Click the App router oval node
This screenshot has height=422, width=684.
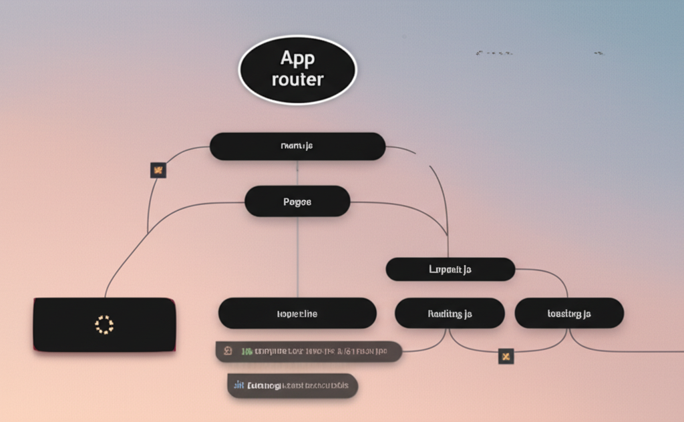click(298, 69)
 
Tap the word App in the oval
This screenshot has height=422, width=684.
click(297, 59)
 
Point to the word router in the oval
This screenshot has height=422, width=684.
click(298, 79)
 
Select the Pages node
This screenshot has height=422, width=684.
click(297, 201)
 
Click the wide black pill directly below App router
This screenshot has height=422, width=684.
click(297, 146)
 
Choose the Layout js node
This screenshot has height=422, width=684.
click(450, 269)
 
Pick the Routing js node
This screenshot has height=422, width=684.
click(450, 313)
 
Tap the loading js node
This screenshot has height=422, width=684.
click(569, 313)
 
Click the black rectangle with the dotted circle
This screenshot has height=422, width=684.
click(105, 325)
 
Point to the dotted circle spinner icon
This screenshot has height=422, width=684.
click(105, 325)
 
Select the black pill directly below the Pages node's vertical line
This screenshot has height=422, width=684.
click(297, 313)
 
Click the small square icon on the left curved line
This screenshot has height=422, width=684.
click(158, 170)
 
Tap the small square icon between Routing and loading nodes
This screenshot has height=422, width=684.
click(506, 356)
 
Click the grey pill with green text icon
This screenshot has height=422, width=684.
click(309, 351)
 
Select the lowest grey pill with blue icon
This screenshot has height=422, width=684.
click(293, 385)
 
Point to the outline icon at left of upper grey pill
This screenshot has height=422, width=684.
click(228, 351)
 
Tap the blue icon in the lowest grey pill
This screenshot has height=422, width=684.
click(239, 385)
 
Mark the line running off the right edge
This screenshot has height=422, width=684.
click(641, 351)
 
